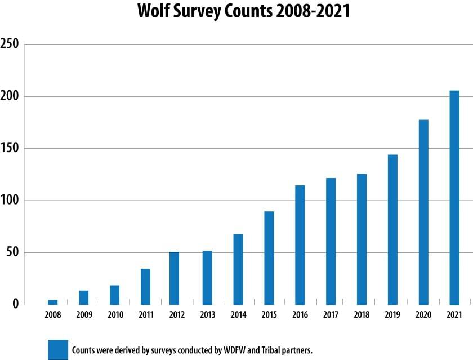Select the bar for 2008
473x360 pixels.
coord(52,302)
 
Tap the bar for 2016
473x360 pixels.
coord(300,245)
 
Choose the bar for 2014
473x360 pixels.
coord(238,269)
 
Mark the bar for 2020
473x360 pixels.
coord(423,212)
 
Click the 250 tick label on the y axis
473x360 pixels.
coord(10,45)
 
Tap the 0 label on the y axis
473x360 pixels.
coord(16,305)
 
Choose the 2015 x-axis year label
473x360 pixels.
coord(269,315)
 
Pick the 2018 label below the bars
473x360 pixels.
coord(362,315)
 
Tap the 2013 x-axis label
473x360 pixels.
coord(207,315)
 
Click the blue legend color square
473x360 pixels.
coord(57,349)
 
